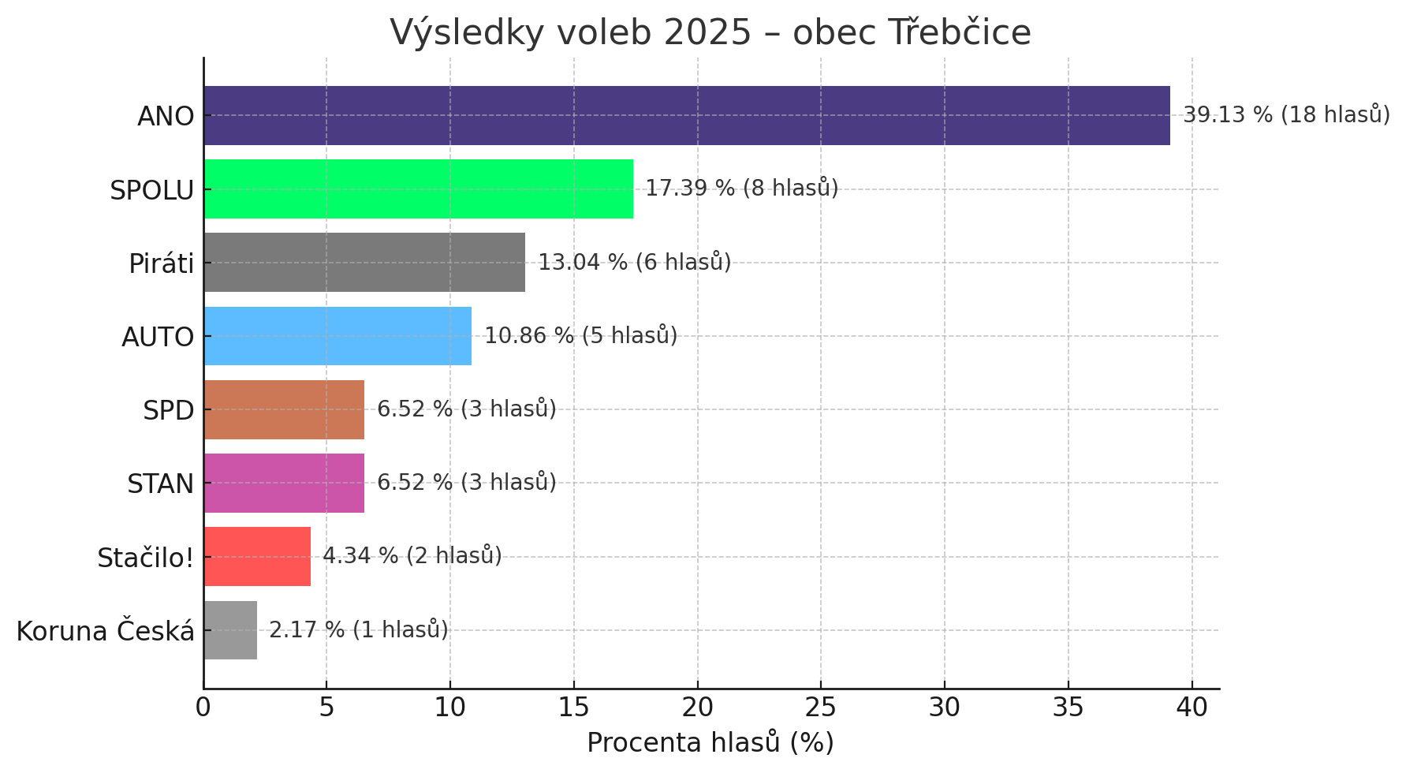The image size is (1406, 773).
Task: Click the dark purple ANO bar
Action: [x=686, y=115]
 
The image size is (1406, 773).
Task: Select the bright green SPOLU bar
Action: [x=418, y=189]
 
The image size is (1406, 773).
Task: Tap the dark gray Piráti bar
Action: [x=364, y=262]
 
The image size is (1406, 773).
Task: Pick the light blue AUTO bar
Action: [x=338, y=336]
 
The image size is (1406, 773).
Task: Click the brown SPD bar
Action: [x=284, y=409]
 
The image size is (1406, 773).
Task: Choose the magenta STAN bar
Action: [x=284, y=483]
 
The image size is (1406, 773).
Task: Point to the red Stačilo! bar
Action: [x=257, y=556]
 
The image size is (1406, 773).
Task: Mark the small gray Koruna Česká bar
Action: [x=230, y=629]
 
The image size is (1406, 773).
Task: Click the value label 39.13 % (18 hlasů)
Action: [x=1286, y=114]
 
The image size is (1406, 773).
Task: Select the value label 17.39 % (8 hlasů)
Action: [x=741, y=188]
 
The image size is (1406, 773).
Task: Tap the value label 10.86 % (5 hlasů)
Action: [x=580, y=335]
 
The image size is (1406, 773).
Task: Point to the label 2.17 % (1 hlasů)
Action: [x=358, y=629]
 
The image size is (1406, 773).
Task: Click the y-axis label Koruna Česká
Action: [x=105, y=631]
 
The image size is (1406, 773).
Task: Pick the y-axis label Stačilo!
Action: [x=145, y=558]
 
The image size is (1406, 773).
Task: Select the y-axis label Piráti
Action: [x=161, y=263]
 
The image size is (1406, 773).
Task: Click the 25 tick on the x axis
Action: [x=821, y=708]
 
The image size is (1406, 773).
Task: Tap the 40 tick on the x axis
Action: [x=1192, y=708]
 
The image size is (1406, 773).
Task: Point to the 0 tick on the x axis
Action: [x=203, y=708]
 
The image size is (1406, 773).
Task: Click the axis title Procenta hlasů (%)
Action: [x=710, y=743]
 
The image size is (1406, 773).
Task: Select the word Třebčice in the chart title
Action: [x=960, y=33]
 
